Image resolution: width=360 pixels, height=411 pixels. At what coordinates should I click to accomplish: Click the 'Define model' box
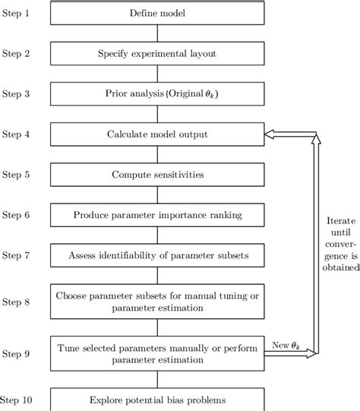pyautogui.click(x=157, y=12)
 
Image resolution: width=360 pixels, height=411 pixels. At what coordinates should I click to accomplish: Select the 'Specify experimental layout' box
pyautogui.click(x=157, y=53)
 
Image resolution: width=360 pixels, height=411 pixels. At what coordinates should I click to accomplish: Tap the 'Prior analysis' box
pyautogui.click(x=157, y=94)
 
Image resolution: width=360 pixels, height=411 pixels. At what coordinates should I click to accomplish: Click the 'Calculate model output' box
pyautogui.click(x=157, y=135)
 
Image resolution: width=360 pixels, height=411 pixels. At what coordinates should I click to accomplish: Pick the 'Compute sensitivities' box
pyautogui.click(x=157, y=175)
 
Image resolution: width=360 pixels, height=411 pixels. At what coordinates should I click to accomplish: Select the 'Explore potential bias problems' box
pyautogui.click(x=157, y=400)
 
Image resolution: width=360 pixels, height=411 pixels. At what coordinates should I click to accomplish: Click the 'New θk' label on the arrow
pyautogui.click(x=287, y=346)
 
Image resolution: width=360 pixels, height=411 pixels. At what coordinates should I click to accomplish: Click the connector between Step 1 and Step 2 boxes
pyautogui.click(x=157, y=33)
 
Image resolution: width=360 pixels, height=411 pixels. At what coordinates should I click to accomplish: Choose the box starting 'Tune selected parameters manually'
pyautogui.click(x=157, y=354)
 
